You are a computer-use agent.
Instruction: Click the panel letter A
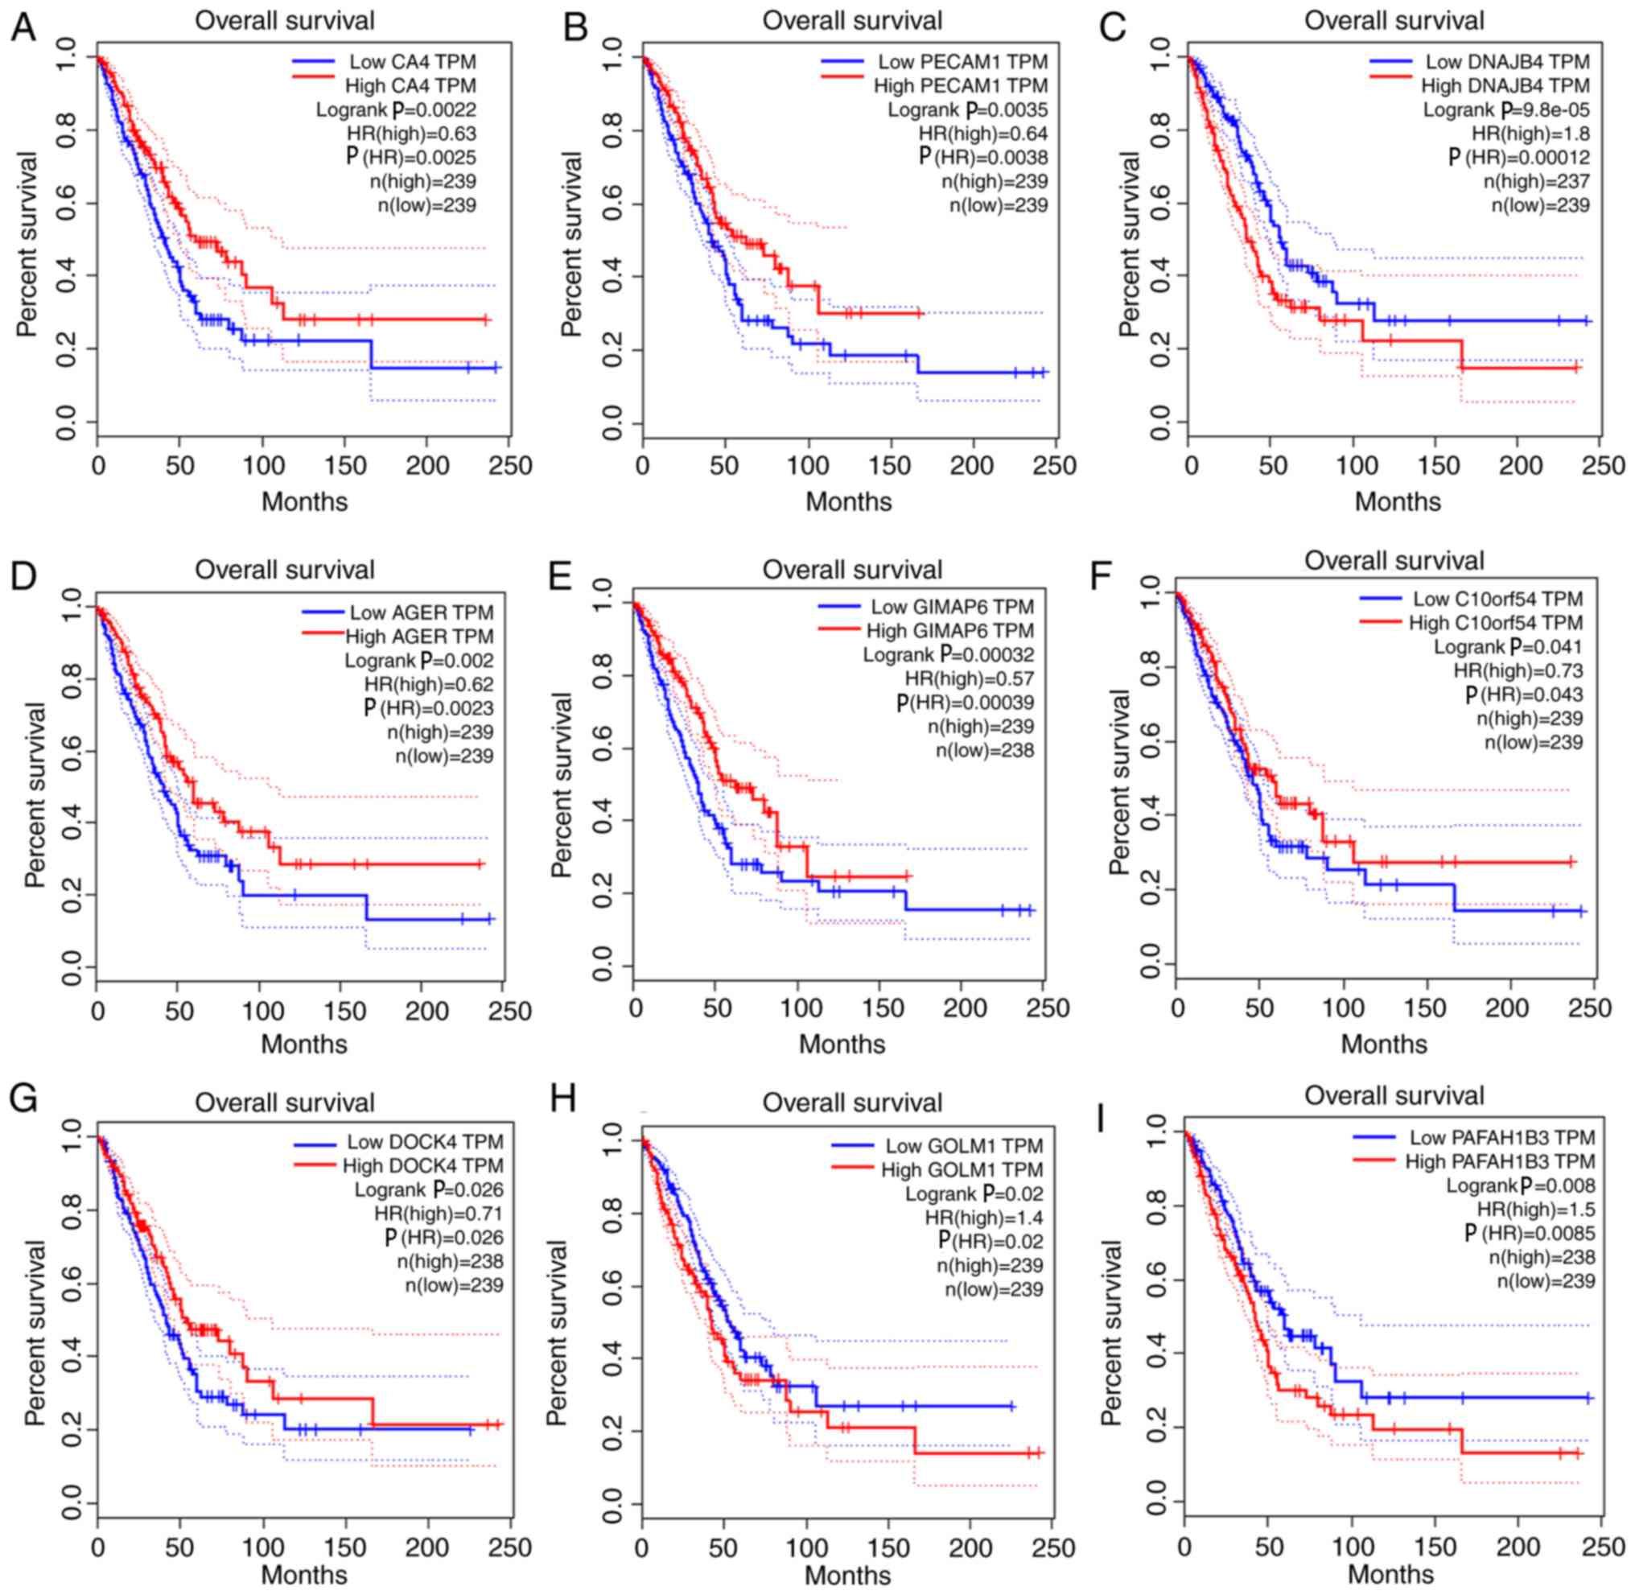point(23,27)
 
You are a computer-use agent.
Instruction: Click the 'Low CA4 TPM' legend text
point(412,62)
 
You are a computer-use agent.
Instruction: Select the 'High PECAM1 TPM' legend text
point(960,86)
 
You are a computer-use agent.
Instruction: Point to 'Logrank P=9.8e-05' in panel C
point(1505,109)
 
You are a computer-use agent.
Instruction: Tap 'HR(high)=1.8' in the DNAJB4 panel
point(1530,134)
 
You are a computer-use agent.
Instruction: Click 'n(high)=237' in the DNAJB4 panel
point(1536,182)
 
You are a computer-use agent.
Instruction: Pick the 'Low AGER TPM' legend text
point(422,613)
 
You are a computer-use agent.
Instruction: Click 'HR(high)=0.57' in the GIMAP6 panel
point(969,679)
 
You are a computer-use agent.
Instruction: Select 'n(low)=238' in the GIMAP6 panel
point(984,751)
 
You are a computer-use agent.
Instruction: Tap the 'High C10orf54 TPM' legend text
point(1495,623)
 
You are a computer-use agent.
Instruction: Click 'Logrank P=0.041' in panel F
point(1508,648)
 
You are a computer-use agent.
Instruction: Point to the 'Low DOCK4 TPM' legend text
point(425,1143)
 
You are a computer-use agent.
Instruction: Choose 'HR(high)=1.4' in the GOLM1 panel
point(983,1218)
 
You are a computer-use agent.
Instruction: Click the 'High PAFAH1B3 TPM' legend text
point(1499,1162)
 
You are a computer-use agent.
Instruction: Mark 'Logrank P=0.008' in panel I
point(1519,1186)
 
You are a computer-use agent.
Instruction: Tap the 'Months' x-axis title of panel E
point(841,1045)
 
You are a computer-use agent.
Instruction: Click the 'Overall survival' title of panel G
point(285,1103)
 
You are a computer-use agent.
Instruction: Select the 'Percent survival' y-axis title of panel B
point(571,245)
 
